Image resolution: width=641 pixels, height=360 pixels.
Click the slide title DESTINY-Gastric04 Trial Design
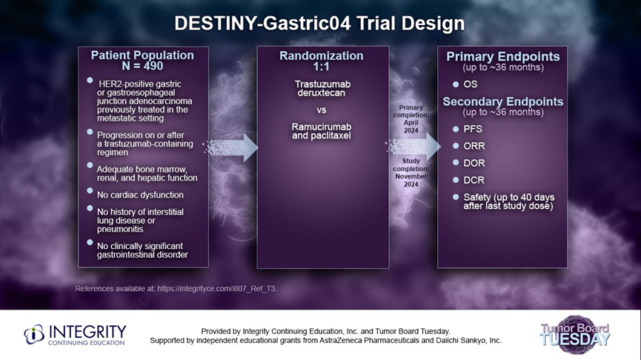pyautogui.click(x=319, y=24)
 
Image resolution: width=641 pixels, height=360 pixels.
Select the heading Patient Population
pyautogui.click(x=142, y=55)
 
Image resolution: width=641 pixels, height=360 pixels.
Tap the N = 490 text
pyautogui.click(x=142, y=66)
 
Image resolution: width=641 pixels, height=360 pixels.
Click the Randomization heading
pyautogui.click(x=322, y=56)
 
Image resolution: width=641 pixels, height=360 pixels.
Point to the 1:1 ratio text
pyautogui.click(x=322, y=67)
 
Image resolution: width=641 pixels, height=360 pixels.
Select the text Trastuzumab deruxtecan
pyautogui.click(x=322, y=88)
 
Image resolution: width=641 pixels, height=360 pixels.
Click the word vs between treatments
pyautogui.click(x=322, y=110)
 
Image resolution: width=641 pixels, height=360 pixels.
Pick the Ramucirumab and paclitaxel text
pyautogui.click(x=322, y=131)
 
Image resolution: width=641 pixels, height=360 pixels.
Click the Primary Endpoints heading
pyautogui.click(x=503, y=57)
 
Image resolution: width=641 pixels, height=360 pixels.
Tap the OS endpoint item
pyautogui.click(x=470, y=84)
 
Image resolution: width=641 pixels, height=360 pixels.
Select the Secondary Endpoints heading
pyautogui.click(x=503, y=101)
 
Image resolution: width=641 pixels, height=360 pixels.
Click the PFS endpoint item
pyautogui.click(x=473, y=129)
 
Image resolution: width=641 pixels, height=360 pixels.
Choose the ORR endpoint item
pyautogui.click(x=474, y=146)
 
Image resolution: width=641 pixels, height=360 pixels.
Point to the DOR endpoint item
pyautogui.click(x=474, y=163)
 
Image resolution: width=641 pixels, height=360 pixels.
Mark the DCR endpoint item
pyautogui.click(x=474, y=180)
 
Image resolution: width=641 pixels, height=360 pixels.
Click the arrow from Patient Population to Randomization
pyautogui.click(x=231, y=147)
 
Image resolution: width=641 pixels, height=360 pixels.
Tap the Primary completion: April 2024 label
pyautogui.click(x=411, y=119)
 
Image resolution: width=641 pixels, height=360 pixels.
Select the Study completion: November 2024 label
pyautogui.click(x=411, y=173)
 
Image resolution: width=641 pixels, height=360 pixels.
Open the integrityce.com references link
pyautogui.click(x=216, y=288)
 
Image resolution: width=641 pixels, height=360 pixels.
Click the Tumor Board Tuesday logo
pyautogui.click(x=575, y=335)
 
